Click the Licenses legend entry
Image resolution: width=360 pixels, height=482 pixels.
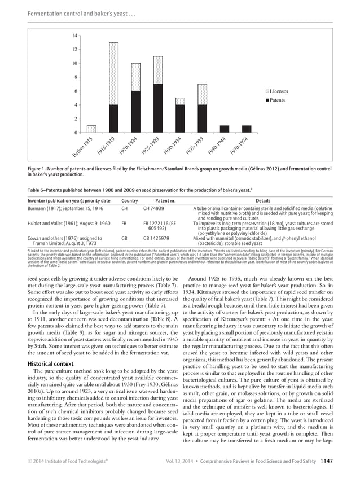point(279,91)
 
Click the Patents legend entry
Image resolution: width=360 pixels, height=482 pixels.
point(277,100)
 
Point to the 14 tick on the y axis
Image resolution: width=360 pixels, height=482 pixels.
point(74,36)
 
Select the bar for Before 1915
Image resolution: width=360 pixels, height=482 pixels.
point(91,129)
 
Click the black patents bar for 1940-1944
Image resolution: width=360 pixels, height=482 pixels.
point(225,129)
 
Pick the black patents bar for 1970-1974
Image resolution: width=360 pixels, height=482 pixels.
point(247,129)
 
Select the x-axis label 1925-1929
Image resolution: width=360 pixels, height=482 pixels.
point(155,147)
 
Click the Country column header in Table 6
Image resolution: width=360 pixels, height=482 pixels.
point(130,200)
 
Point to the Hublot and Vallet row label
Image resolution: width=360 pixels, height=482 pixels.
point(58,224)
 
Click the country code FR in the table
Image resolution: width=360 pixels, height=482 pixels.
point(125,224)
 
